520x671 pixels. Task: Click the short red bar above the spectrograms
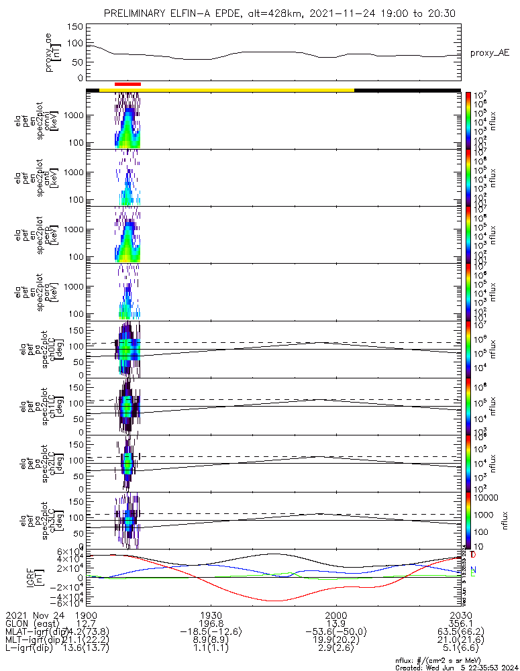click(127, 84)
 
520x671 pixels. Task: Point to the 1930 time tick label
click(211, 615)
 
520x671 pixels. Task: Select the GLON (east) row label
click(32, 623)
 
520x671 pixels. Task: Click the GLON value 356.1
click(460, 623)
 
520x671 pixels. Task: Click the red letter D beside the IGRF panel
click(474, 555)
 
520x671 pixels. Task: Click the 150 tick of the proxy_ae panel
click(75, 27)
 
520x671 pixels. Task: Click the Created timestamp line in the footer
click(454, 667)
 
